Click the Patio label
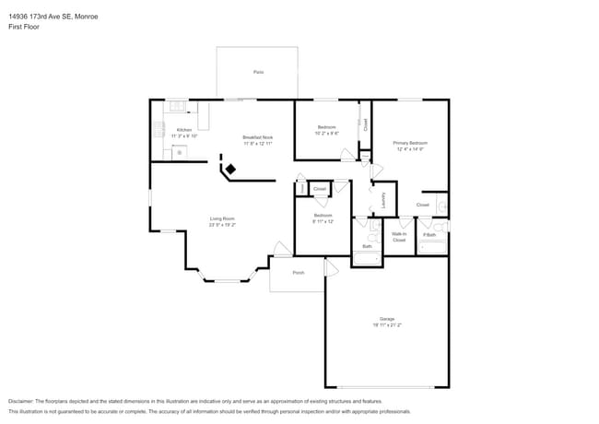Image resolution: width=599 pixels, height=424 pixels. click(x=258, y=72)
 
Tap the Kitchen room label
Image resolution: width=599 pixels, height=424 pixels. click(x=184, y=130)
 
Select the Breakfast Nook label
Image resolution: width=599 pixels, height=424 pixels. click(x=258, y=137)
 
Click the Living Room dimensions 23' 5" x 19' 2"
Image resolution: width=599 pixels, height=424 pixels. click(x=222, y=224)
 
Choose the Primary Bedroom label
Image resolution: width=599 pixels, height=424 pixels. click(x=410, y=143)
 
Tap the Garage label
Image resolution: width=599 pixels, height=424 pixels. click(x=387, y=319)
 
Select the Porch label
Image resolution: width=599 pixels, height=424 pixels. click(x=298, y=273)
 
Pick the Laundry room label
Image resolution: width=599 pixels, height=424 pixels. click(x=382, y=200)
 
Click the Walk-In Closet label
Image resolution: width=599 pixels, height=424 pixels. click(x=399, y=237)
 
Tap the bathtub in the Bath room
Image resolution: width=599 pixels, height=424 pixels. click(x=367, y=258)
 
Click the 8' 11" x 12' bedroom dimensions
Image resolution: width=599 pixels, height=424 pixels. click(x=323, y=221)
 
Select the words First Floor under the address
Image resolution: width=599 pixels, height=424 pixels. click(x=22, y=27)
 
